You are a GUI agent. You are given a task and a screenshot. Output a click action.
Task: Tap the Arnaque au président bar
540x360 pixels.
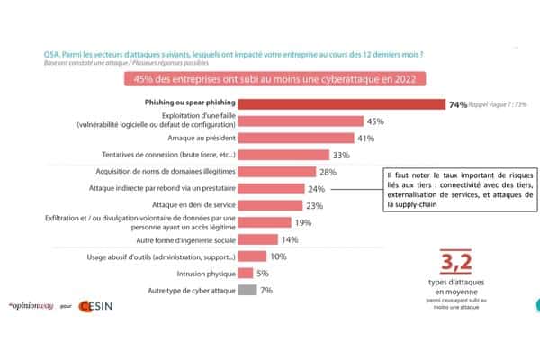[295, 139]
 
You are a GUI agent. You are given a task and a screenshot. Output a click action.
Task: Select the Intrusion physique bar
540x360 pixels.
[241, 274]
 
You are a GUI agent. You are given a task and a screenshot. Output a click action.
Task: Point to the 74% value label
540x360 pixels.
[457, 105]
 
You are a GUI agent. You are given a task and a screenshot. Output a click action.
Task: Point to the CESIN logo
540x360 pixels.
[94, 306]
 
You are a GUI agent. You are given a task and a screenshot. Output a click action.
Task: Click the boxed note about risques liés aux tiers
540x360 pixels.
[447, 188]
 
